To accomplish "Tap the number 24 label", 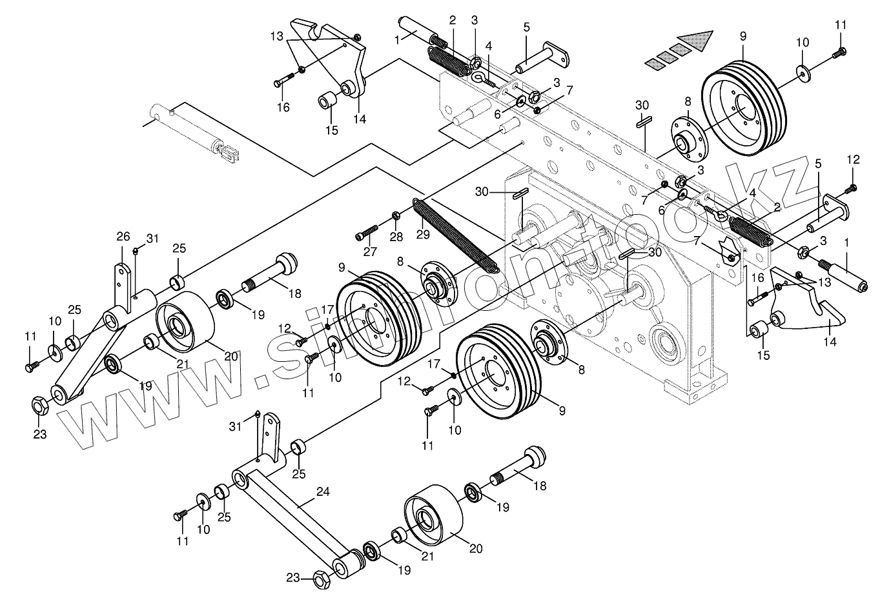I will pos(323,492).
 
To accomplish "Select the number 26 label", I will pos(123,236).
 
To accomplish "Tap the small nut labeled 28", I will pos(396,215).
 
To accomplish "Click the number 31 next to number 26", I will pos(152,239).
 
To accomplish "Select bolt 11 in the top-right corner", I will pos(839,54).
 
